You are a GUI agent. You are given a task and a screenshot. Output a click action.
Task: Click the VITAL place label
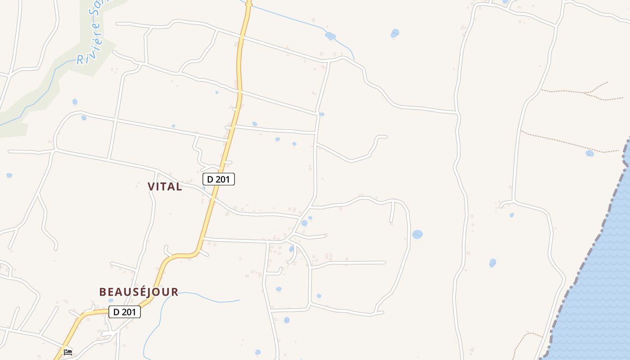[x=165, y=187]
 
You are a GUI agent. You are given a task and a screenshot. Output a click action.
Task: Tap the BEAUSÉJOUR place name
[x=139, y=292]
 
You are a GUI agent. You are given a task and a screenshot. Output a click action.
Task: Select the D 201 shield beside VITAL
[x=218, y=179]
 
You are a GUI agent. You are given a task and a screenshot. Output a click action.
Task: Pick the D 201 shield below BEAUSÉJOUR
[x=125, y=312]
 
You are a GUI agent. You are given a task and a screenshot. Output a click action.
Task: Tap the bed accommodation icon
[x=68, y=352]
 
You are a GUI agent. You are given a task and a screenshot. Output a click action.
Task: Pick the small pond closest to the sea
[x=589, y=153]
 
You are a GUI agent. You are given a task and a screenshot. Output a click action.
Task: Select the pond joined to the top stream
[x=330, y=36]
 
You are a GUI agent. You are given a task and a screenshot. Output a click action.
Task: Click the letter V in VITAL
[x=151, y=187]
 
